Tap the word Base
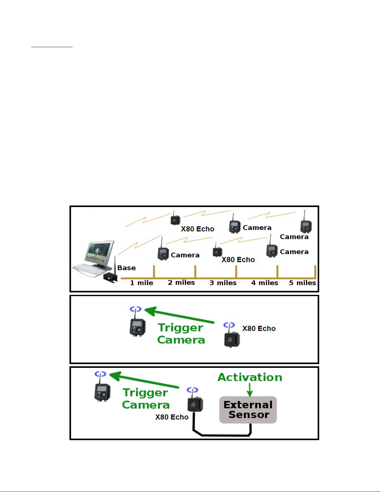127,268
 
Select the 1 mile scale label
141,283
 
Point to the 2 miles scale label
181,282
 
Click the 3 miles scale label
223,283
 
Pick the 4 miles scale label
265,283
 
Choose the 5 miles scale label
302,283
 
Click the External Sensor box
248,410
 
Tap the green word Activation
250,377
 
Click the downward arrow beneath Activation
250,390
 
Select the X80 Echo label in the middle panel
259,328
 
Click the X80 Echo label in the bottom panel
172,417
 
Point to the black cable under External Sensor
222,435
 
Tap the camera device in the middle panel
137,327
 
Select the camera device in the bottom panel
102,392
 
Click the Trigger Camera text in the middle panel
181,334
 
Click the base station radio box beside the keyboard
110,278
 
